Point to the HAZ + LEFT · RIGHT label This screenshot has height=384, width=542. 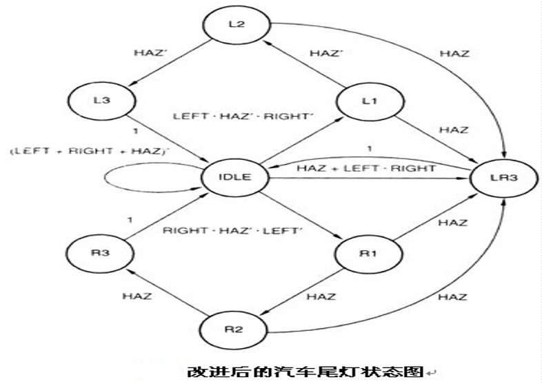365,168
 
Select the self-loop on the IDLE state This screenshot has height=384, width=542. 135,178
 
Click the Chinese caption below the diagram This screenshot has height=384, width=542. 304,372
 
